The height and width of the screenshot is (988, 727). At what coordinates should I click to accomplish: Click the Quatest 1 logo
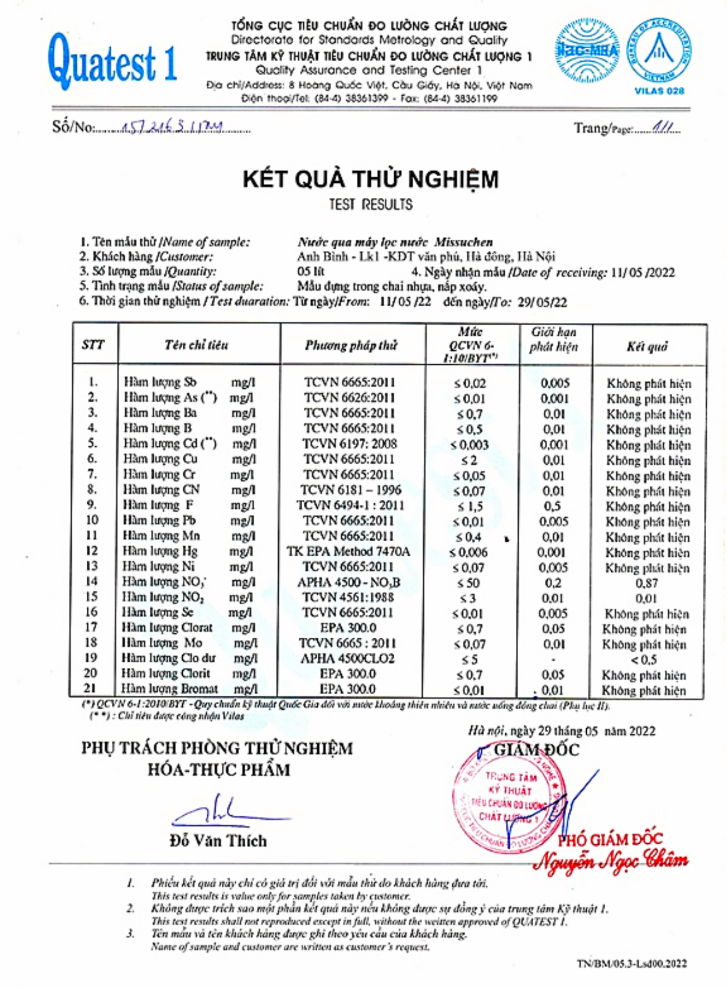(x=112, y=62)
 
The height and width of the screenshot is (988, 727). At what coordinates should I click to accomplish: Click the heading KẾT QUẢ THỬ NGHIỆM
(x=370, y=179)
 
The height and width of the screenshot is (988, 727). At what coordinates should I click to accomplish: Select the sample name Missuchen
(x=463, y=242)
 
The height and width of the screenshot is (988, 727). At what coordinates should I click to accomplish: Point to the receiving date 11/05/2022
(x=643, y=273)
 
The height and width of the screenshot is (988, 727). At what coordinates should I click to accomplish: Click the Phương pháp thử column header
(x=351, y=345)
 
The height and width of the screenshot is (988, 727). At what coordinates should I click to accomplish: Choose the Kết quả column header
(x=647, y=346)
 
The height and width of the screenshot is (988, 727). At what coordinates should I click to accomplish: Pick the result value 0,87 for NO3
(x=646, y=583)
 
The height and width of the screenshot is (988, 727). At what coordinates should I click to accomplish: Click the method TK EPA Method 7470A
(x=348, y=551)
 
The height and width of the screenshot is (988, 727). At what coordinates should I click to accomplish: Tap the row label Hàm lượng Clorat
(x=167, y=628)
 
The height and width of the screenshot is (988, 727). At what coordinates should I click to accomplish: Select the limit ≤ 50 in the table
(x=468, y=583)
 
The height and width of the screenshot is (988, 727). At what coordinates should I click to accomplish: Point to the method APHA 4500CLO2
(x=347, y=659)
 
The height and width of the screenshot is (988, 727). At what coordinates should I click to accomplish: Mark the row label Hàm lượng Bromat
(x=169, y=689)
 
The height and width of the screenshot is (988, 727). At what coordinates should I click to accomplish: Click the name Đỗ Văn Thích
(x=218, y=841)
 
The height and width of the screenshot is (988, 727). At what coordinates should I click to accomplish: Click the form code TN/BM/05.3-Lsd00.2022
(x=632, y=964)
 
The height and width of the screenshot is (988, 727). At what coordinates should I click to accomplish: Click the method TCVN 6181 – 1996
(x=350, y=490)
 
